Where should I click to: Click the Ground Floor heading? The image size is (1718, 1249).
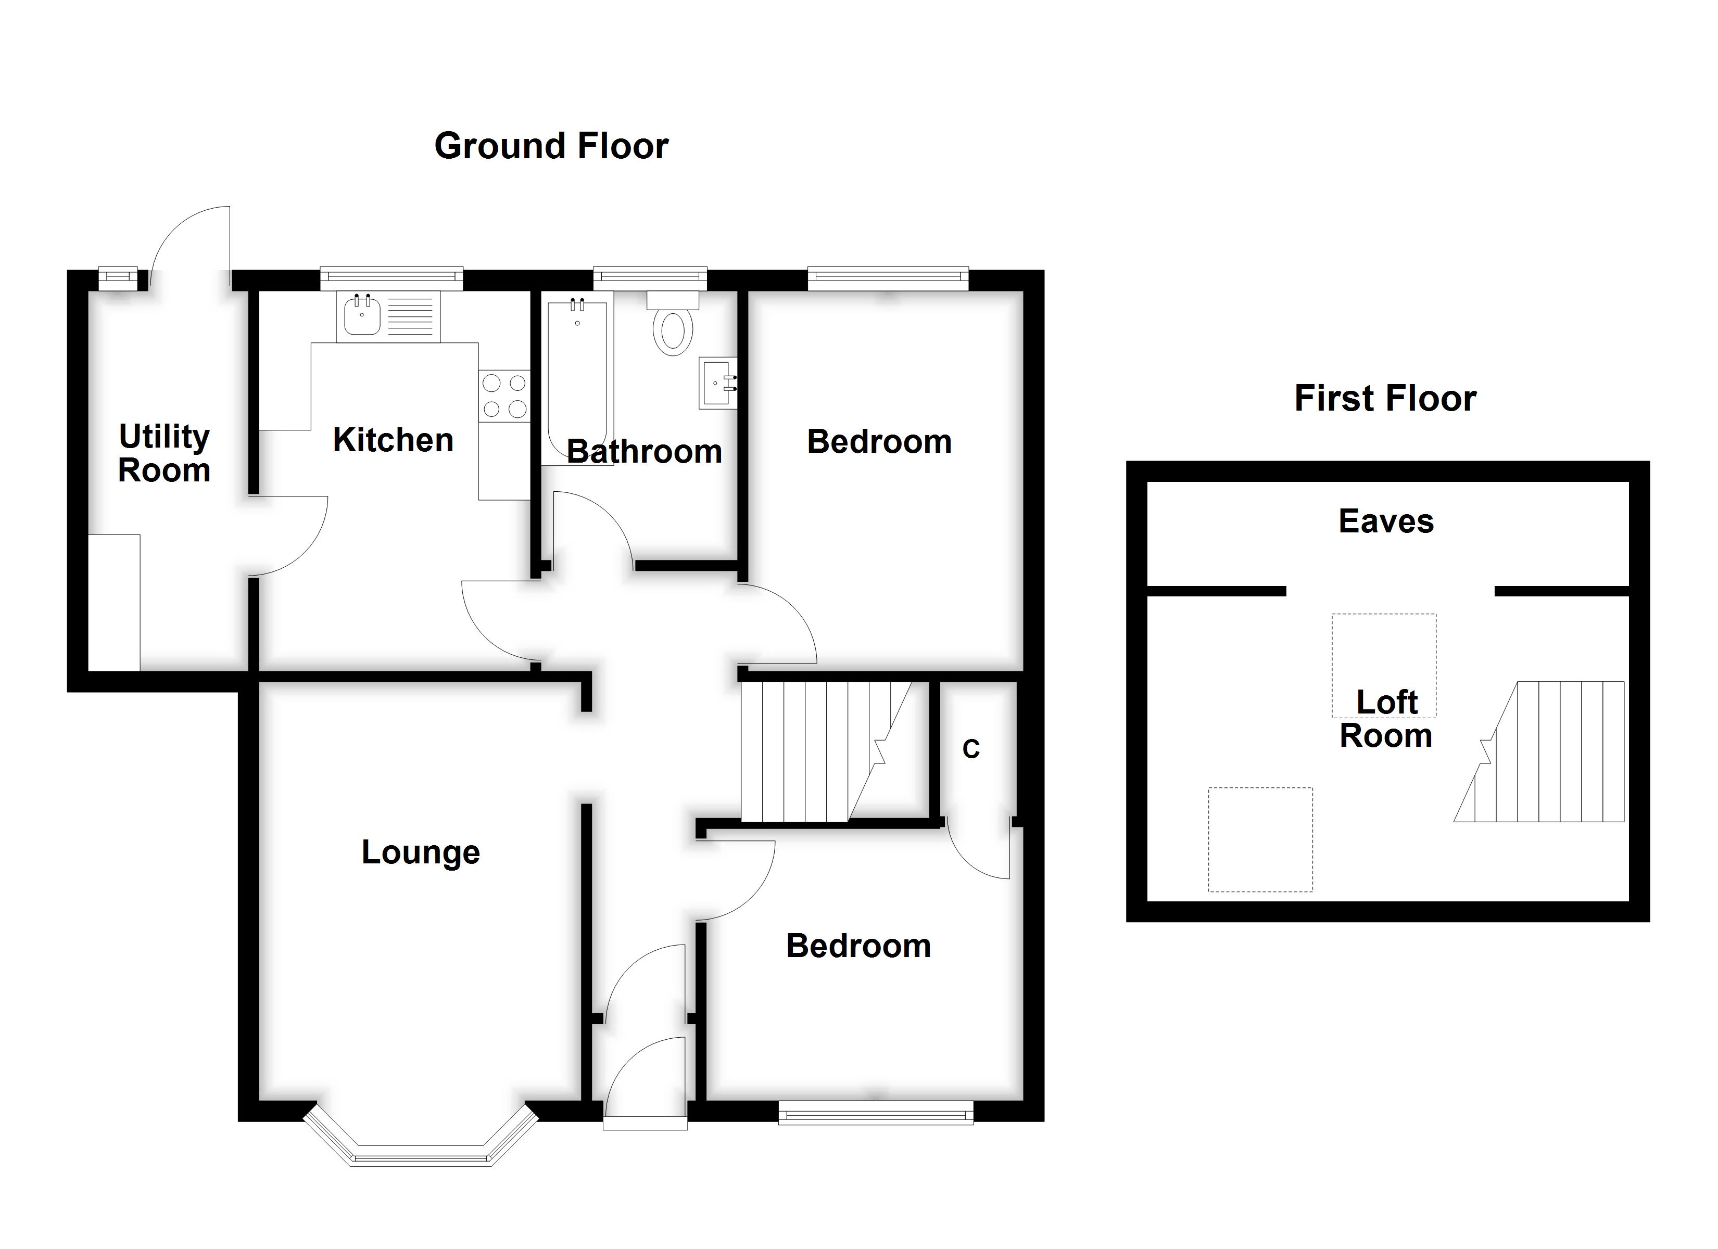pos(551,146)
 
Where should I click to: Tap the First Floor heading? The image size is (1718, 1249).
pos(1385,399)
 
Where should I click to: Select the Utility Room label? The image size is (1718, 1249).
pos(165,453)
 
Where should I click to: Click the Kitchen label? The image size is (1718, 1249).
pos(393,440)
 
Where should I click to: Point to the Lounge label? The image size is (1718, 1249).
pos(421,853)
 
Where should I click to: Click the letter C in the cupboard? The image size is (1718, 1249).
pos(970,749)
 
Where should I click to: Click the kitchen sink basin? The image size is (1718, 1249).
pos(362,316)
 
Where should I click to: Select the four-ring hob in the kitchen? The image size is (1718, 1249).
pos(504,396)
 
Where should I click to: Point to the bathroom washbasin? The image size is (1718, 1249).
pos(717,383)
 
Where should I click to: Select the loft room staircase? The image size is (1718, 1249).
pos(1539,751)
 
